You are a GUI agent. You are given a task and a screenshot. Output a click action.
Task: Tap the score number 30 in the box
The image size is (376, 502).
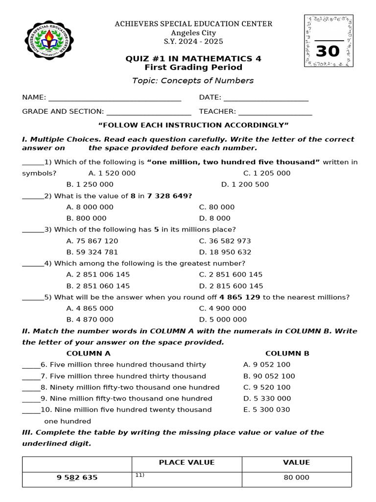point(328,51)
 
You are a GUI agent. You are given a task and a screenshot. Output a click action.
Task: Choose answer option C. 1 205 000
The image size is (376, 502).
point(266,173)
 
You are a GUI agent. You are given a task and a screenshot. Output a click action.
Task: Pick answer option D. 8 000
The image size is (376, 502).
point(214,218)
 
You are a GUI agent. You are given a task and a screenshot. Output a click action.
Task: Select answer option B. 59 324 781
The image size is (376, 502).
point(92,252)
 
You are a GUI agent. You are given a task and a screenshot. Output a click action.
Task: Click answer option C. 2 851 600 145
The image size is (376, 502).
point(231,275)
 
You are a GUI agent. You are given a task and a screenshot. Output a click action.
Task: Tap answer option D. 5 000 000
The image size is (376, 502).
point(223,320)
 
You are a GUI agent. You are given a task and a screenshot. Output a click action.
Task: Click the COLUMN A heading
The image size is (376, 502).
point(88,353)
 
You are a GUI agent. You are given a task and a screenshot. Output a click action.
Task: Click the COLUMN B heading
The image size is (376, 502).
point(287,353)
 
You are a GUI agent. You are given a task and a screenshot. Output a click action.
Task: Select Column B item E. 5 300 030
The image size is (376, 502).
point(266,410)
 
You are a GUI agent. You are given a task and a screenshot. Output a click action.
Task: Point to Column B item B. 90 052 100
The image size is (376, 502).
point(269,376)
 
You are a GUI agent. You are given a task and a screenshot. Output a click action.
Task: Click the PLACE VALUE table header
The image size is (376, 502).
point(187,463)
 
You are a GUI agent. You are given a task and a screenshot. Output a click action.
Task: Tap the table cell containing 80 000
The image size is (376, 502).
point(296,477)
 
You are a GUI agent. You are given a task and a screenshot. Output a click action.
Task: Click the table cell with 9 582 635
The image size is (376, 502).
point(77,477)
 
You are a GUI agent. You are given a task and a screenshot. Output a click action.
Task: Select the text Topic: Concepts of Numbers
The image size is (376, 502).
point(193,80)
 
